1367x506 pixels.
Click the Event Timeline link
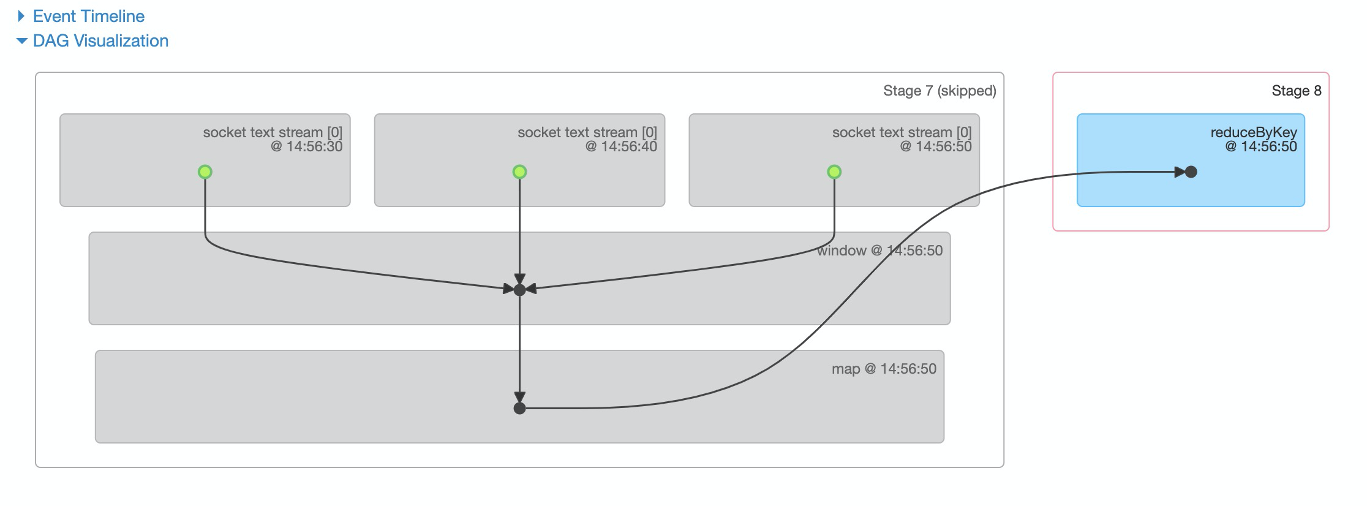pyautogui.click(x=89, y=17)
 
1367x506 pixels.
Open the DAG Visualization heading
pyautogui.click(x=100, y=41)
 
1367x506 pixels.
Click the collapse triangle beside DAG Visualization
pyautogui.click(x=22, y=41)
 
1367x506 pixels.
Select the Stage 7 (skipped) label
pyautogui.click(x=939, y=91)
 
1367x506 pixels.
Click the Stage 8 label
pyautogui.click(x=1296, y=91)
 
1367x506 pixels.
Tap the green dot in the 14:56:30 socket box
pyautogui.click(x=205, y=172)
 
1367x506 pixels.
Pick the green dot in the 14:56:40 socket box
pyautogui.click(x=519, y=172)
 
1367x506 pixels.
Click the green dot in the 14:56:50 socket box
pyautogui.click(x=834, y=172)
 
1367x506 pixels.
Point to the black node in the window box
pyautogui.click(x=519, y=290)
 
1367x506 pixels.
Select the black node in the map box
pyautogui.click(x=519, y=408)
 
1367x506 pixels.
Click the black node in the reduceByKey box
pyautogui.click(x=1191, y=172)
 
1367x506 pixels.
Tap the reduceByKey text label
pyautogui.click(x=1253, y=132)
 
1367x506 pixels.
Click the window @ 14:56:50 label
pyautogui.click(x=879, y=251)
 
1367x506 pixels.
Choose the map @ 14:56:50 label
pyautogui.click(x=884, y=369)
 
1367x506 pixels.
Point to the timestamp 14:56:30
pyautogui.click(x=314, y=146)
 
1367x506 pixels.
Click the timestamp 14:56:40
pyautogui.click(x=629, y=146)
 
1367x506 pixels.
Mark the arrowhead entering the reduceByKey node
pyautogui.click(x=1180, y=172)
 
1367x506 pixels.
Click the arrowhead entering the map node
pyautogui.click(x=519, y=398)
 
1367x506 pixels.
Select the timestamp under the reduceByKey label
pyautogui.click(x=1268, y=146)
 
